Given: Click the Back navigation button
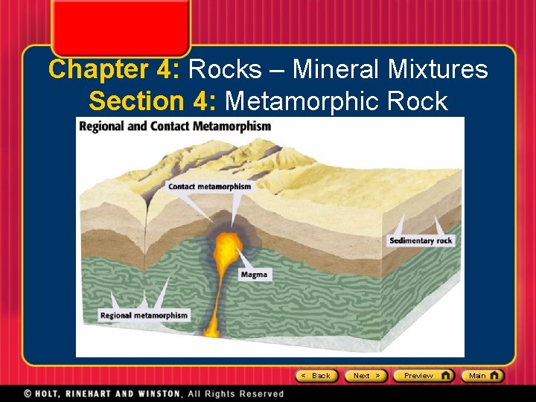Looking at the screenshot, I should pyautogui.click(x=317, y=376).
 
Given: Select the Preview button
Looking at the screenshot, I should pyautogui.click(x=423, y=376).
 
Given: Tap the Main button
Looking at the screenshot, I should pyautogui.click(x=482, y=376).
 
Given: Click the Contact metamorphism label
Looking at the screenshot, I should pyautogui.click(x=209, y=186).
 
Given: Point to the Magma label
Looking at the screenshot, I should pyautogui.click(x=254, y=275).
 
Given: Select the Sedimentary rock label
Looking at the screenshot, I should pyautogui.click(x=421, y=240).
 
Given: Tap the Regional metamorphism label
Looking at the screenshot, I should pyautogui.click(x=144, y=316).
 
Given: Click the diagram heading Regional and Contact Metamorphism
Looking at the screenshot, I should pyautogui.click(x=176, y=126).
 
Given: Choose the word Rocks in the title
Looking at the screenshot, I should pyautogui.click(x=225, y=69).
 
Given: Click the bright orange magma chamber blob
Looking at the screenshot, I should pyautogui.click(x=229, y=246).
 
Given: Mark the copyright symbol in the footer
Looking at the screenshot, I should pyautogui.click(x=28, y=393).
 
